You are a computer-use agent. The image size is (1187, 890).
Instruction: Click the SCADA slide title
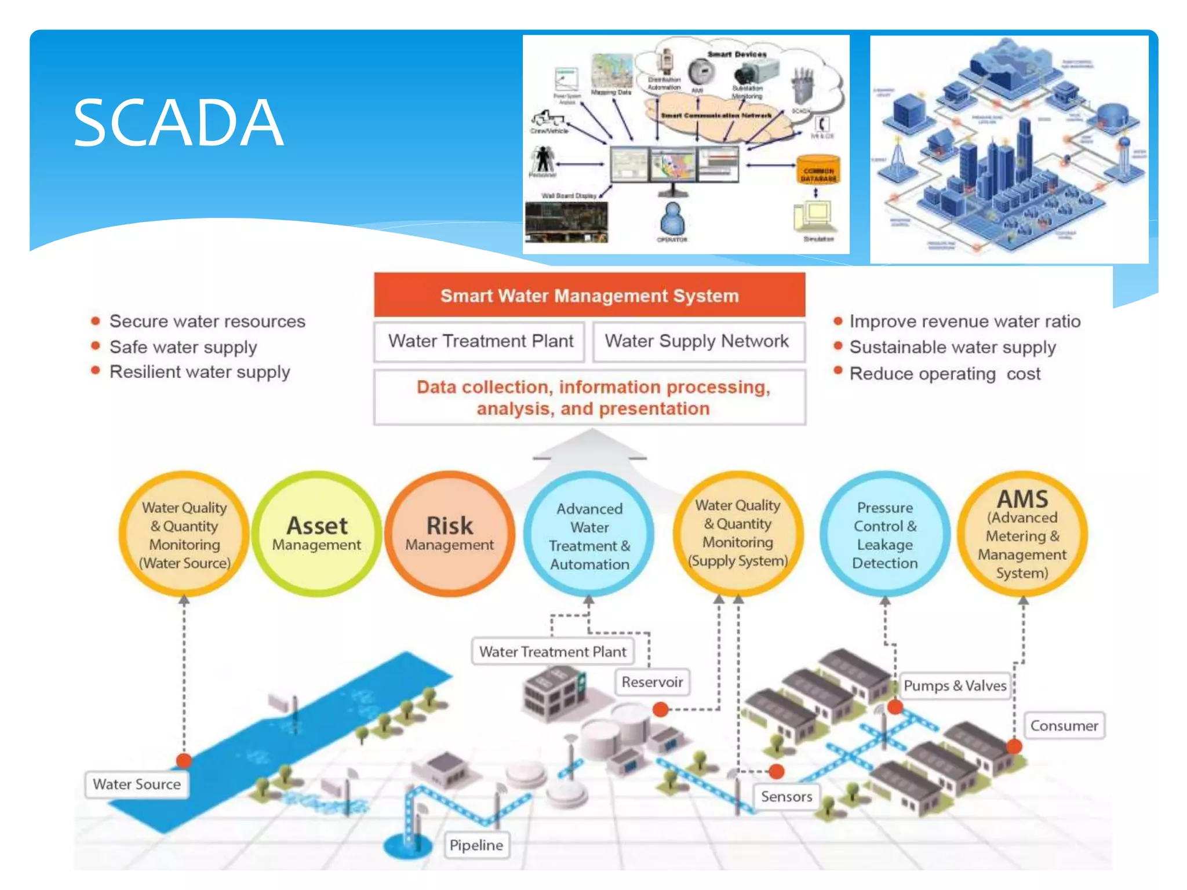point(178,122)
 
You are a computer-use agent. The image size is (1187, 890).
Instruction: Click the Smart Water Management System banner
point(589,296)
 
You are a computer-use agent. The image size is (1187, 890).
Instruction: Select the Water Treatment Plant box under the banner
point(480,341)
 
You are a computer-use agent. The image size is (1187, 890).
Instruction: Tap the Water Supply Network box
point(697,341)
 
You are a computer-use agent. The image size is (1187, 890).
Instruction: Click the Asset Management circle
point(317,534)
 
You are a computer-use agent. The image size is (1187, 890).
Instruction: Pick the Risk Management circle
point(450,534)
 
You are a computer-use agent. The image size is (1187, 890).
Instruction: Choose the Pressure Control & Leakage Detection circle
point(884,534)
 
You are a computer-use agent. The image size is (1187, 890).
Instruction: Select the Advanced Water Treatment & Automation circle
point(589,535)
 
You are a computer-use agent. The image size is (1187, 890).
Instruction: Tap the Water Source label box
point(137,784)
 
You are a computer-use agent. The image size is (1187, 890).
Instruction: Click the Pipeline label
point(476,845)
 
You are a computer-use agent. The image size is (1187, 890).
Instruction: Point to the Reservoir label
point(652,682)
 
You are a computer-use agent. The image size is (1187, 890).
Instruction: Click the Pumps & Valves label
point(955,685)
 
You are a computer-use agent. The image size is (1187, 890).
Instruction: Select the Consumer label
point(1064,725)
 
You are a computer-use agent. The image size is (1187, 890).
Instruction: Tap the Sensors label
point(786,796)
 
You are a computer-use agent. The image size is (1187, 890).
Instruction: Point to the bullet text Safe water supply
point(183,347)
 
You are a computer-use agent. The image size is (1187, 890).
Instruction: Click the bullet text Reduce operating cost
point(945,374)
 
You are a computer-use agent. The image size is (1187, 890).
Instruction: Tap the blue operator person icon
point(672,219)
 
